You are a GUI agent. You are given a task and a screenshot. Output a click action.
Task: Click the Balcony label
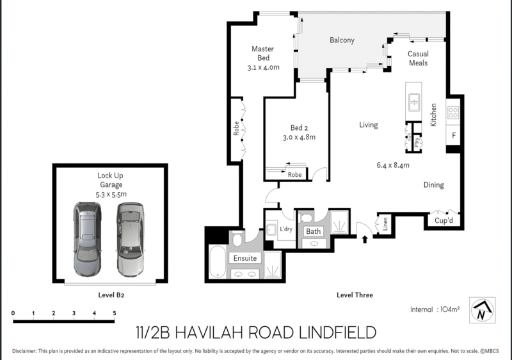pyautogui.click(x=342, y=40)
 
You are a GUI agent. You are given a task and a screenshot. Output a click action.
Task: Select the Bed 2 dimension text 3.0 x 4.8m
pyautogui.click(x=299, y=137)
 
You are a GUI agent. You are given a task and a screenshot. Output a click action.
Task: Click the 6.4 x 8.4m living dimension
pyautogui.click(x=393, y=165)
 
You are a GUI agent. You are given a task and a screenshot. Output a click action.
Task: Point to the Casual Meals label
pyautogui.click(x=418, y=59)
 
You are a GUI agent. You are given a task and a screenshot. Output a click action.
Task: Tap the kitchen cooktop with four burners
pyautogui.click(x=453, y=113)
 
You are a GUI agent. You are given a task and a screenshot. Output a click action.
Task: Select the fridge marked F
pyautogui.click(x=454, y=136)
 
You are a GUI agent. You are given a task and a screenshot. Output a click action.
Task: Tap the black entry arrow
pyautogui.click(x=365, y=240)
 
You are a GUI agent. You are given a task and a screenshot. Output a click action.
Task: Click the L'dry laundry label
pyautogui.click(x=285, y=229)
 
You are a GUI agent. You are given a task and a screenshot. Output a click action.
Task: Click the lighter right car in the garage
pyautogui.click(x=130, y=238)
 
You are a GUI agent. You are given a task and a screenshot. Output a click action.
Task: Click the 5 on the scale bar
pyautogui.click(x=114, y=313)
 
